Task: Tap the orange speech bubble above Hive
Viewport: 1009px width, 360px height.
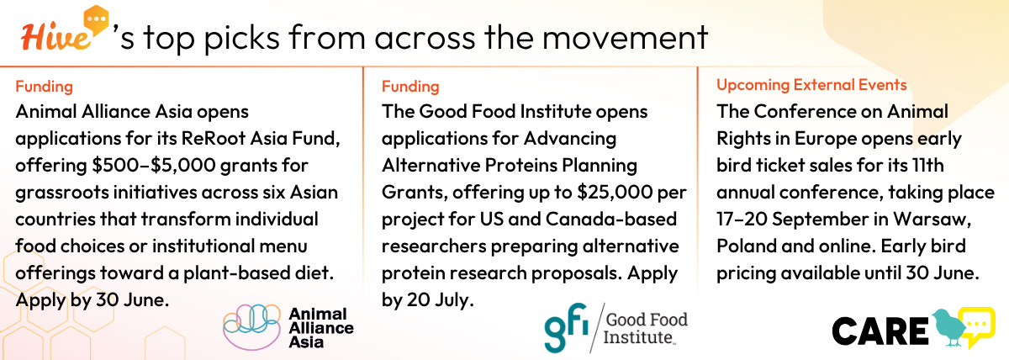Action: [x=96, y=20]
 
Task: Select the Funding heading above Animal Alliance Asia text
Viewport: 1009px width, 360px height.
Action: [x=44, y=86]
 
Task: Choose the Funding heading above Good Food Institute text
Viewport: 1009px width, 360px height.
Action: [x=410, y=86]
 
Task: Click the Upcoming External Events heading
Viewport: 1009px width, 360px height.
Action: [x=811, y=85]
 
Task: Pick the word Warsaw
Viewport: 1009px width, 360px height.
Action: [x=932, y=220]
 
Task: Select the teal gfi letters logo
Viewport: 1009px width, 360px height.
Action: [x=566, y=327]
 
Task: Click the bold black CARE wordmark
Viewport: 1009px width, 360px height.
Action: [x=880, y=331]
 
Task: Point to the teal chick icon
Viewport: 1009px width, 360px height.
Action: [x=948, y=327]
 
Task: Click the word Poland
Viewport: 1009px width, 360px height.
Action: [x=746, y=246]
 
